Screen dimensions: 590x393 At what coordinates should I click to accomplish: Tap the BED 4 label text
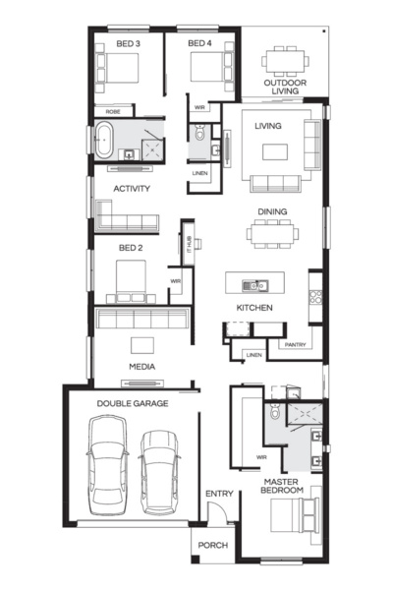(x=199, y=44)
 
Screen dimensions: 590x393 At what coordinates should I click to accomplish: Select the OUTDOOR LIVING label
(x=284, y=88)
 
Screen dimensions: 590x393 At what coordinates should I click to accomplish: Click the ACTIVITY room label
(x=132, y=189)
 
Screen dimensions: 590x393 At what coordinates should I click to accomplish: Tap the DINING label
(x=272, y=211)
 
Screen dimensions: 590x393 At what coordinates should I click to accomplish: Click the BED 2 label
(x=132, y=248)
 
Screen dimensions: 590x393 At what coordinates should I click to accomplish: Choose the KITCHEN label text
(x=253, y=308)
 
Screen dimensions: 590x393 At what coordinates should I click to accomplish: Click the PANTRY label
(x=295, y=345)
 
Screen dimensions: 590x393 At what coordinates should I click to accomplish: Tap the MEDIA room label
(x=142, y=368)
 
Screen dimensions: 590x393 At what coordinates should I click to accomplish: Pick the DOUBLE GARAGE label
(x=132, y=403)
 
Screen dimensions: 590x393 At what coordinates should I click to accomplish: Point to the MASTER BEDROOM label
(x=282, y=485)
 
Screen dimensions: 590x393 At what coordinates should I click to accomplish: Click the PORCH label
(x=213, y=545)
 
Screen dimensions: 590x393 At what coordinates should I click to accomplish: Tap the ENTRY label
(x=217, y=494)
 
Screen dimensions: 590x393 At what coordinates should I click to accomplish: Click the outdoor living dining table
(x=284, y=60)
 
